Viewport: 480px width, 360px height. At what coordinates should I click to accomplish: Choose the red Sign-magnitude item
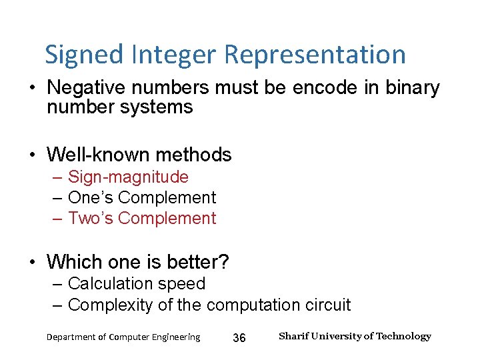tap(128, 177)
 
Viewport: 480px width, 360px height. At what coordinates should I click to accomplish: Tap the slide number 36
tap(239, 338)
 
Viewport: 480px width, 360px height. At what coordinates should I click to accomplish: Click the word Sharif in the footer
tap(293, 336)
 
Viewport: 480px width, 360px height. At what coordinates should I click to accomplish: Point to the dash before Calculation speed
tap(57, 284)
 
